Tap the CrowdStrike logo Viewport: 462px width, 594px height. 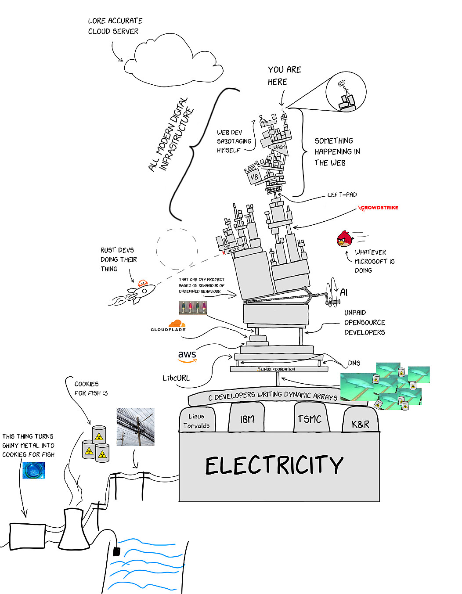[379, 208]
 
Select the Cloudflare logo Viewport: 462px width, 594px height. [169, 326]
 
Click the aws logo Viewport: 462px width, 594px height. [187, 356]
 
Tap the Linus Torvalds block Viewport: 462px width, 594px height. [196, 421]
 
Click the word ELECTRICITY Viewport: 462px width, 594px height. [274, 465]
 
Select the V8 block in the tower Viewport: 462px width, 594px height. [254, 177]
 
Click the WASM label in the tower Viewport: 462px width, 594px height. [279, 148]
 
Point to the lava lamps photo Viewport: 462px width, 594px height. [193, 307]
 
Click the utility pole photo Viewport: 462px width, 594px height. [135, 427]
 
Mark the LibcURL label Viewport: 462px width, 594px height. [177, 378]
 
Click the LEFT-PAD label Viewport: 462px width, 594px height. [342, 194]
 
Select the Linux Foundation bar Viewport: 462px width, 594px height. [279, 369]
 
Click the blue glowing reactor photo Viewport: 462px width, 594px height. [33, 470]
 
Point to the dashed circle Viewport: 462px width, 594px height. [177, 249]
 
